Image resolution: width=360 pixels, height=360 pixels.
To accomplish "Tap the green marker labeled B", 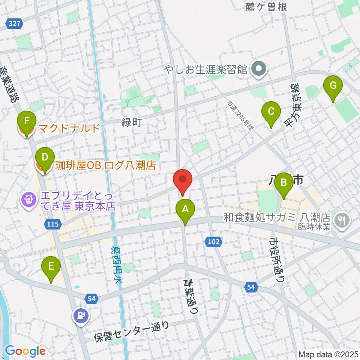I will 283,183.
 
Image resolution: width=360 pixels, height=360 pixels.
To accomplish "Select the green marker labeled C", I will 271,111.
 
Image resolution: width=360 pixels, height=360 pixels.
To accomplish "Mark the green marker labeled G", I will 333,86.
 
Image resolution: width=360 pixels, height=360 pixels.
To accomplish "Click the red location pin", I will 183,179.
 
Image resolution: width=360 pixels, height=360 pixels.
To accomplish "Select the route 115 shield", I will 52,224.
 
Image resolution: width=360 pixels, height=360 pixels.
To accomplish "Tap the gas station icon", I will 81,315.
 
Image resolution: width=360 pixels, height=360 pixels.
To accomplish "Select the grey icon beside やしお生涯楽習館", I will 259,69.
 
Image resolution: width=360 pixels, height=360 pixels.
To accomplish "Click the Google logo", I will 25,351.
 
